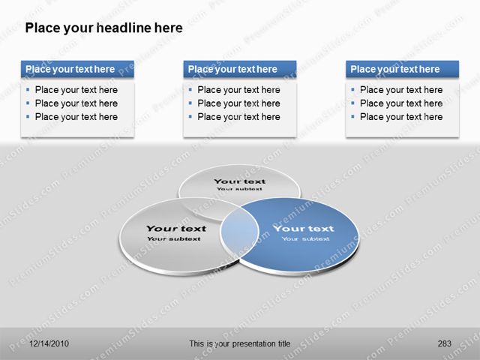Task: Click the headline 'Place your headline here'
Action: tap(103, 28)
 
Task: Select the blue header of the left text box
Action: tap(77, 70)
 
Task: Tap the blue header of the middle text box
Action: tap(239, 70)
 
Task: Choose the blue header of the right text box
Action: tap(402, 70)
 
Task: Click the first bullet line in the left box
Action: tap(76, 90)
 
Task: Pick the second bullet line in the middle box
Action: tap(238, 103)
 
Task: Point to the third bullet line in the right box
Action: tap(401, 117)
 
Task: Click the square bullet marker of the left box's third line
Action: tap(28, 116)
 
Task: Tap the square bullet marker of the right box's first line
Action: tap(352, 89)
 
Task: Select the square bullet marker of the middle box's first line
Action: tap(190, 89)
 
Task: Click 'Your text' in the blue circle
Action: tap(304, 229)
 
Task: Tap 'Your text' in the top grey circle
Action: tap(239, 181)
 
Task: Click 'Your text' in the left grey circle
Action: tap(175, 229)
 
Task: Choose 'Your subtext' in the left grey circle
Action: tap(174, 239)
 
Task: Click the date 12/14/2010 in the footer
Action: tap(49, 343)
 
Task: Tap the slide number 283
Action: tap(444, 343)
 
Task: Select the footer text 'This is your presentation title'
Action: tap(240, 343)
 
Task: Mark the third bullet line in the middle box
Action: tap(238, 117)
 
